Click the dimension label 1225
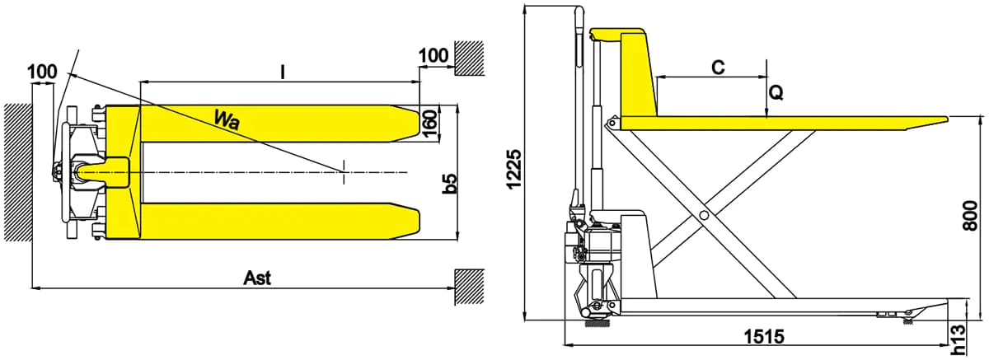(514, 170)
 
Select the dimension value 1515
(764, 337)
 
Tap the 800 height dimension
(970, 215)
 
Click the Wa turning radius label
(227, 120)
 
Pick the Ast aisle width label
(257, 278)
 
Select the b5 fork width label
(449, 184)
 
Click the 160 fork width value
(429, 124)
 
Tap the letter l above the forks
(283, 72)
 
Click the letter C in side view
(719, 68)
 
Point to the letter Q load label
(776, 92)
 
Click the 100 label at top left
(42, 72)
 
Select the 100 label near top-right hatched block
(434, 55)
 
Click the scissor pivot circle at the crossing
(704, 215)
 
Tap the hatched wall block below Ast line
(469, 287)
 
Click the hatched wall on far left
(18, 172)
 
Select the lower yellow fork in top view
(279, 221)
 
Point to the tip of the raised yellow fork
(947, 119)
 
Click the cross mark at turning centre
(344, 171)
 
